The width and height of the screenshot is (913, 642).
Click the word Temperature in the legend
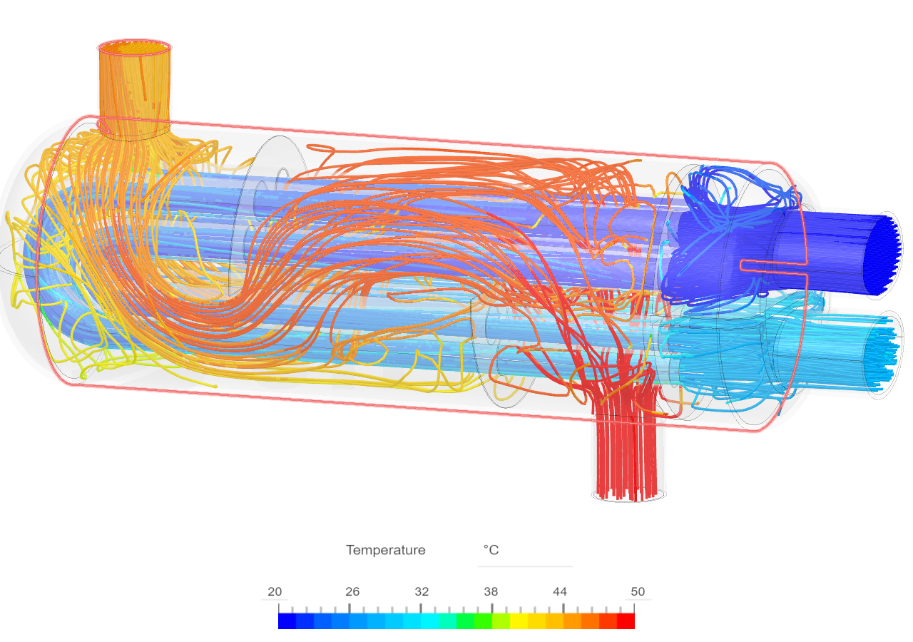(x=385, y=550)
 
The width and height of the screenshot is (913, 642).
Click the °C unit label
(x=491, y=550)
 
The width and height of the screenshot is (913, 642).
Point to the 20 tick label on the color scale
(x=275, y=592)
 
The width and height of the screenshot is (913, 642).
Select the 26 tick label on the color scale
(x=352, y=592)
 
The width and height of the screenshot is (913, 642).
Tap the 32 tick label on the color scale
(x=422, y=592)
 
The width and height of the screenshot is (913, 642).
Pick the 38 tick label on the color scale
(x=491, y=592)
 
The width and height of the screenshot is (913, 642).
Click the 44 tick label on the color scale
(x=560, y=592)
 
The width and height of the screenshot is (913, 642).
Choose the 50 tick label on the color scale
(x=638, y=592)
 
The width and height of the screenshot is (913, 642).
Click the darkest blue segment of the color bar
(x=287, y=621)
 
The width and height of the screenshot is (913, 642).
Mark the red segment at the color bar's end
(x=626, y=621)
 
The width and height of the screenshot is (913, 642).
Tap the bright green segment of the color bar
(x=483, y=621)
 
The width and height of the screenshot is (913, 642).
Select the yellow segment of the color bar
(x=519, y=621)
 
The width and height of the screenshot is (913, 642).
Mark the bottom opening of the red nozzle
(x=629, y=494)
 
